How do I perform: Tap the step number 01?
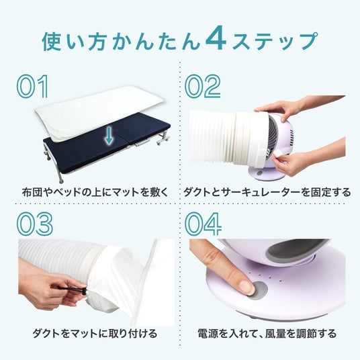[33, 87]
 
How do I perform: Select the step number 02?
[203, 87]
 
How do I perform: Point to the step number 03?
[35, 224]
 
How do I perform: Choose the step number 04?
[204, 224]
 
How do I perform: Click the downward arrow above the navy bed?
[109, 136]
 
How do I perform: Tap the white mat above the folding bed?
[99, 114]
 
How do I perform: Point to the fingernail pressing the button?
[246, 287]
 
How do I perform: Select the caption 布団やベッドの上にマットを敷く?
[95, 192]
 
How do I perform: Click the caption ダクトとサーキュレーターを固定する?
[267, 192]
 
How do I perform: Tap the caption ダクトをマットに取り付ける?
[95, 333]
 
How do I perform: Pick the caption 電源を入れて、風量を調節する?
[267, 333]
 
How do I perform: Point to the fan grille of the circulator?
[271, 136]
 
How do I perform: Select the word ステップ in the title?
[275, 41]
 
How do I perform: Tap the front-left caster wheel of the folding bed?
[61, 181]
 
